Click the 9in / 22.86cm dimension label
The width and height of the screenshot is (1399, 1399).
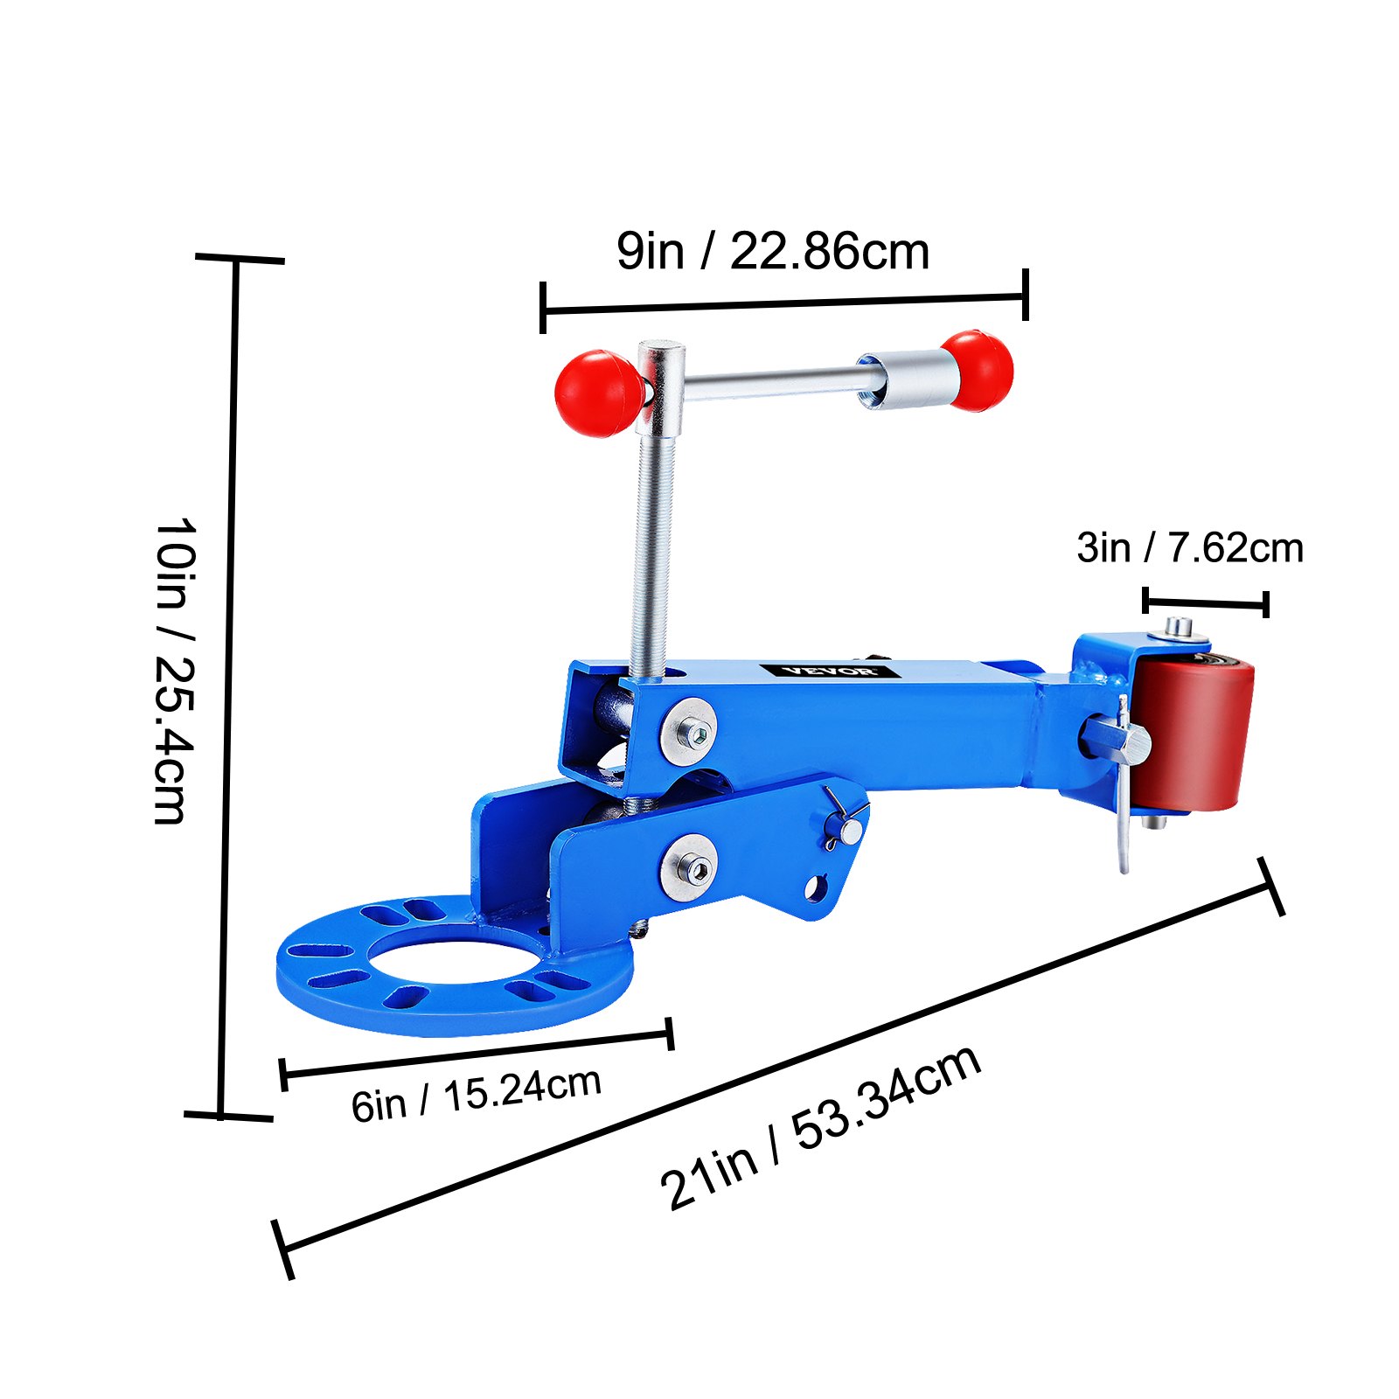tap(772, 252)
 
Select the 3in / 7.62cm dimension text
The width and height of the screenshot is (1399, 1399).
tap(1189, 548)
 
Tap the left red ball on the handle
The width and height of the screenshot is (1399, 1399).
tap(597, 393)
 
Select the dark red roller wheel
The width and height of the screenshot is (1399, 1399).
tap(1194, 736)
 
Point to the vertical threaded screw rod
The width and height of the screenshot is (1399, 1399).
tap(651, 560)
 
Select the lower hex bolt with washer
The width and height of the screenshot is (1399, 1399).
tap(689, 867)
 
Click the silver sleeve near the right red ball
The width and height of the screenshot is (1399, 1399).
tap(909, 380)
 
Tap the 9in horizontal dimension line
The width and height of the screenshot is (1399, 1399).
tap(783, 303)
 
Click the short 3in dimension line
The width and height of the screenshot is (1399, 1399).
tap(1205, 602)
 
